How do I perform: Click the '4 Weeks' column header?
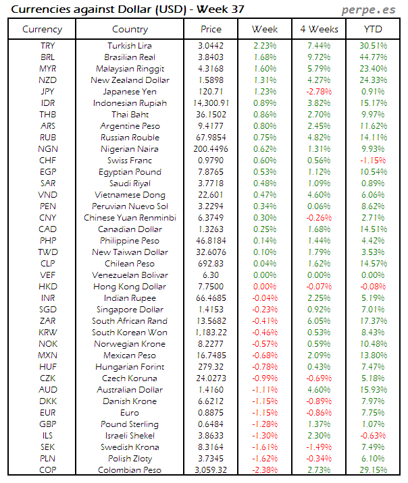(318, 29)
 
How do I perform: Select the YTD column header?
(373, 29)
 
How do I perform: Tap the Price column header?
(211, 29)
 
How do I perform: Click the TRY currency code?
(48, 46)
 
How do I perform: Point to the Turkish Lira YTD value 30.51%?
(373, 46)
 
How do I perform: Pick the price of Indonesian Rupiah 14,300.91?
(211, 103)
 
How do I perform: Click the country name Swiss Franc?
(130, 161)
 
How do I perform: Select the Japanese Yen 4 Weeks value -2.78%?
(318, 92)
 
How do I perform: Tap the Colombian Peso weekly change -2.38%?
(264, 470)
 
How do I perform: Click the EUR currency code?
(48, 413)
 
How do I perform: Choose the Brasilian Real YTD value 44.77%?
(373, 57)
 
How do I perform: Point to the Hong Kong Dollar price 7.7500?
(211, 287)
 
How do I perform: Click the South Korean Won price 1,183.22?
(211, 333)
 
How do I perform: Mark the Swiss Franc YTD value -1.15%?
(373, 161)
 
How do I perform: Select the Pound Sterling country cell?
(130, 424)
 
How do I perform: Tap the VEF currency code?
(48, 275)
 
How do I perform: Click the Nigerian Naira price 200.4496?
(211, 149)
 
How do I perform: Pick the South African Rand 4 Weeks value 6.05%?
(318, 321)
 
